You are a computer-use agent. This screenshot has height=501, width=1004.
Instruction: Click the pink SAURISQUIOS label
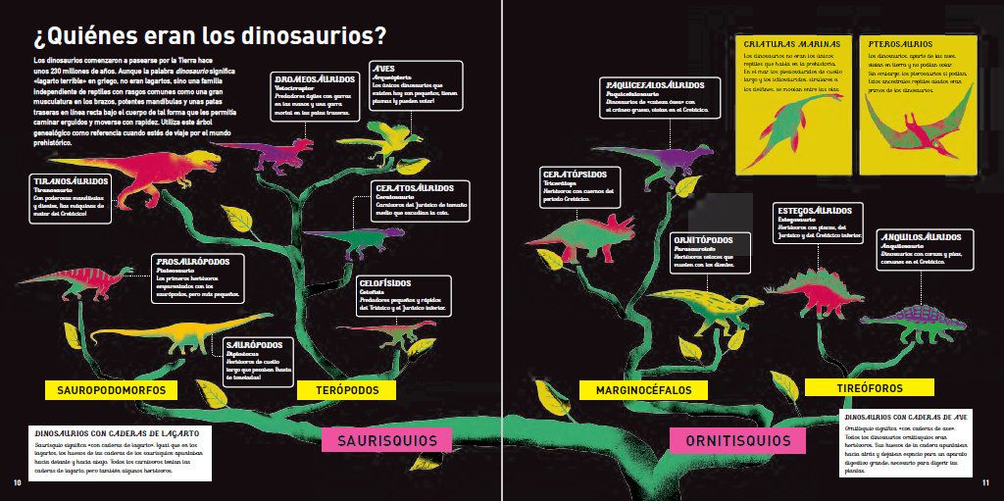pyautogui.click(x=387, y=440)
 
